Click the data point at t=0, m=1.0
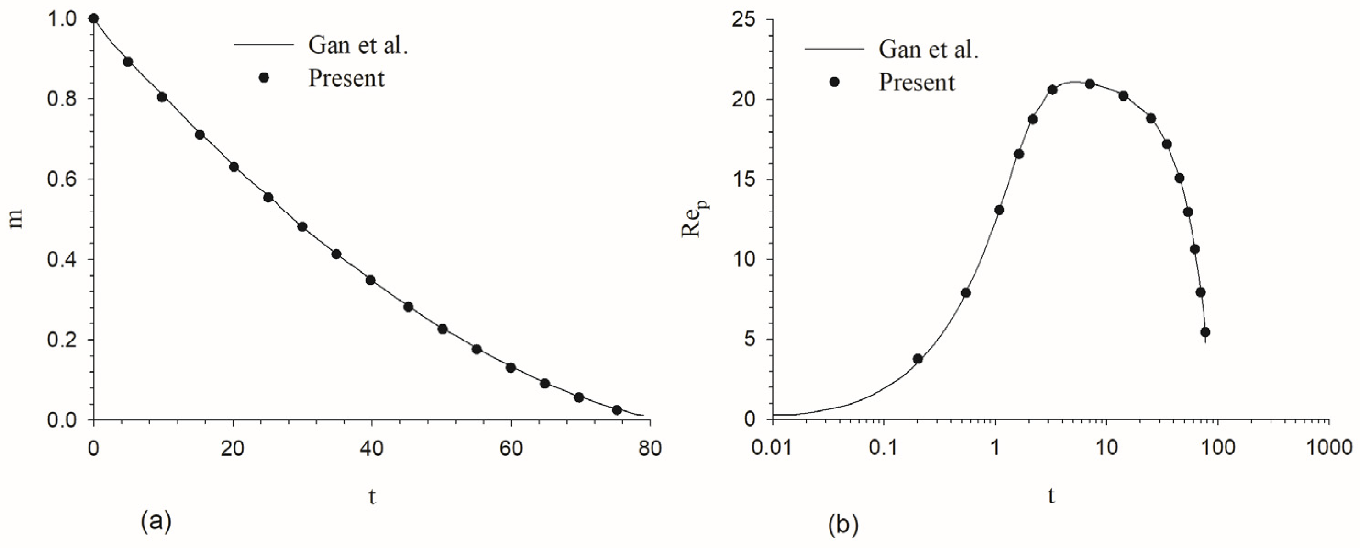click(x=94, y=19)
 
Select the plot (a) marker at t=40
click(x=371, y=280)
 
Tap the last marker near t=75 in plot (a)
click(x=617, y=410)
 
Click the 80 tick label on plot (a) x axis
click(x=649, y=449)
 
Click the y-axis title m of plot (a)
click(x=17, y=219)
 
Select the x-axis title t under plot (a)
click(x=372, y=496)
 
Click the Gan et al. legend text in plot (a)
click(x=358, y=46)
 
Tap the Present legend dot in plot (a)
click(x=264, y=78)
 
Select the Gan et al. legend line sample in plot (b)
click(x=834, y=50)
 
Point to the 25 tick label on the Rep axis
click(x=744, y=20)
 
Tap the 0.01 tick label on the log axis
click(x=772, y=449)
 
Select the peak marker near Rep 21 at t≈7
click(x=1090, y=84)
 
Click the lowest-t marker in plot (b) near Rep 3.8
click(x=918, y=359)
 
